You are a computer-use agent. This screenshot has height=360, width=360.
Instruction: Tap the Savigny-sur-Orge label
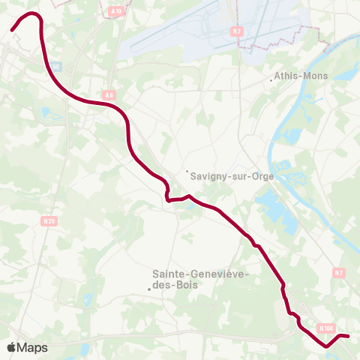tap(232, 176)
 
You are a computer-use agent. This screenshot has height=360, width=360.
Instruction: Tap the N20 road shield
tap(49, 220)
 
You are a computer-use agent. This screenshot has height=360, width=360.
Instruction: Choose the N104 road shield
tap(325, 328)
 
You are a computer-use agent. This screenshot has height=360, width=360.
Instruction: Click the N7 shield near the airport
tap(237, 31)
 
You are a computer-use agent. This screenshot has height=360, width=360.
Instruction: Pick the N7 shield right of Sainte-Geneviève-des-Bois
tap(339, 273)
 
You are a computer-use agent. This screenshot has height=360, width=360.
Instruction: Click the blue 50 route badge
tap(55, 67)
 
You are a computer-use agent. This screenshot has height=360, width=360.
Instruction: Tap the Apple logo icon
tap(11, 347)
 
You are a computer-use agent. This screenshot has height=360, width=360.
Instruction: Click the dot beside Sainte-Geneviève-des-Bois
tap(148, 289)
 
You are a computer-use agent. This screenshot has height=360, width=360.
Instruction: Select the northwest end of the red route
tap(13, 30)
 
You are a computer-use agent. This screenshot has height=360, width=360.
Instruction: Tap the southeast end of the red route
tap(349, 336)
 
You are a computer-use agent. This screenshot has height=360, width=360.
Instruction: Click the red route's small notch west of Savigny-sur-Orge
tap(167, 197)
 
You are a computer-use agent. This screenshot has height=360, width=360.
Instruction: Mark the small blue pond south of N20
tap(88, 300)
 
